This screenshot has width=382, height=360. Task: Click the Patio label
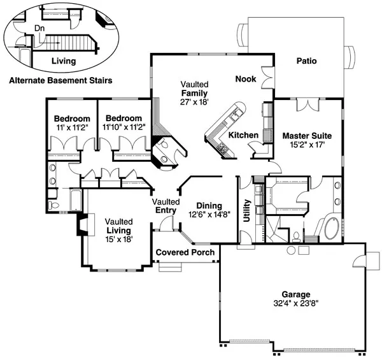point(307,61)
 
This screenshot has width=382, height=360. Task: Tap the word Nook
point(246,79)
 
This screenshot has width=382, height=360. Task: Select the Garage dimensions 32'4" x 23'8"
point(292,304)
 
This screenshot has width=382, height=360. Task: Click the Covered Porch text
point(185,252)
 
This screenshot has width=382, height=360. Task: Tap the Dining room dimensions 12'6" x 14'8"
point(209,215)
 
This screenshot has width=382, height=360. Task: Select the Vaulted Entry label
point(166,206)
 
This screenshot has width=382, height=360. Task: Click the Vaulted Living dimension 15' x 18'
point(118,239)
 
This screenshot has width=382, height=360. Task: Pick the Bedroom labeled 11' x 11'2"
point(71,127)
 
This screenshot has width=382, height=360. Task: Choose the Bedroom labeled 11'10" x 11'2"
point(124,127)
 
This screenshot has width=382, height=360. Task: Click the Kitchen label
point(243,135)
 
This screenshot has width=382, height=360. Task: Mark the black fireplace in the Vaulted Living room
point(81,225)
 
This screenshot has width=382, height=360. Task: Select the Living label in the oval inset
point(63,61)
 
